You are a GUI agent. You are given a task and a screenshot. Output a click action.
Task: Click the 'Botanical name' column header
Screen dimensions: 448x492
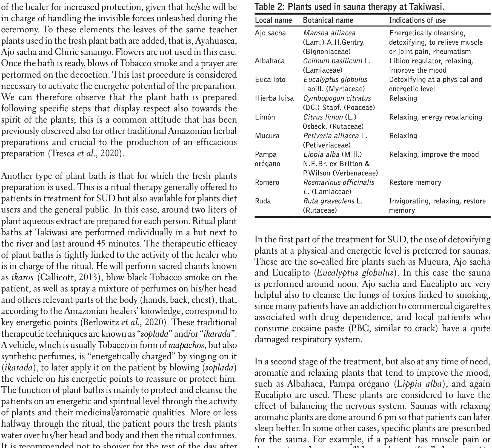(x=328, y=20)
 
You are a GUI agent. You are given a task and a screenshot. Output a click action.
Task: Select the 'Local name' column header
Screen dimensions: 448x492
(x=273, y=20)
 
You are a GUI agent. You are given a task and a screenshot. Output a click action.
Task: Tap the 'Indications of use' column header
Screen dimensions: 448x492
(x=417, y=20)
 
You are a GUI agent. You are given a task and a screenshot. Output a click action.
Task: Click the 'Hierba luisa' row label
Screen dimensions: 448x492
(x=274, y=98)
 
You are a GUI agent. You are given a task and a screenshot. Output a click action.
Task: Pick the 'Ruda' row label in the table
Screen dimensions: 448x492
(x=263, y=201)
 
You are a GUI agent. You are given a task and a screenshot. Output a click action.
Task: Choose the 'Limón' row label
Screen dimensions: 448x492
(x=265, y=117)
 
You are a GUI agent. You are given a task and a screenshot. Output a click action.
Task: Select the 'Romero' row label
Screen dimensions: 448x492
(x=267, y=182)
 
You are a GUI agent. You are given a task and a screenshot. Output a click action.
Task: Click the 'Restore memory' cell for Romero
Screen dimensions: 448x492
(x=415, y=182)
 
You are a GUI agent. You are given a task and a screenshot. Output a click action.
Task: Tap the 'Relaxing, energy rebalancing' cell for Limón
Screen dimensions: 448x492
(x=436, y=117)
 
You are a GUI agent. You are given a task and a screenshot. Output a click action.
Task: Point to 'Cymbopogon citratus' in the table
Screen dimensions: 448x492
(x=337, y=98)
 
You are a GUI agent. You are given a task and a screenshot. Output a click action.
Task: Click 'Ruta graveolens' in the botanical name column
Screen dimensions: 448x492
(x=328, y=201)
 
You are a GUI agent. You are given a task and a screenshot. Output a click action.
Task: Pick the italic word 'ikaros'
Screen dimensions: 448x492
(x=22, y=277)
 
